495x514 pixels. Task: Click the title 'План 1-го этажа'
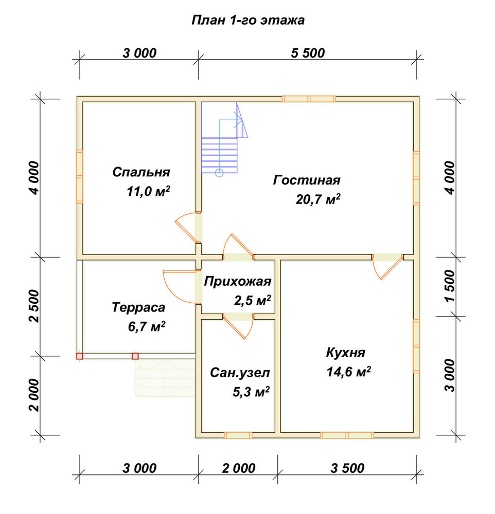pyautogui.click(x=248, y=21)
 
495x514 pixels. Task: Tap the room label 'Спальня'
pyautogui.click(x=141, y=172)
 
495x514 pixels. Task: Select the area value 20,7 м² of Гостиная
pyautogui.click(x=318, y=199)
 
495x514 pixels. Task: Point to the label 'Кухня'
pyautogui.click(x=345, y=353)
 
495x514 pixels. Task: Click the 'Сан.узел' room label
pyautogui.click(x=240, y=373)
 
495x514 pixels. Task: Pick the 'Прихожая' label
pyautogui.click(x=238, y=282)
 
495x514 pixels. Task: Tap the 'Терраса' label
pyautogui.click(x=138, y=307)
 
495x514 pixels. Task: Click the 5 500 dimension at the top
pyautogui.click(x=308, y=53)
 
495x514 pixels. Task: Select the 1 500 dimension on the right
pyautogui.click(x=450, y=286)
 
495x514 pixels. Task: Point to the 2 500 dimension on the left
pyautogui.click(x=34, y=306)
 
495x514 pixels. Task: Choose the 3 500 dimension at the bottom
pyautogui.click(x=347, y=468)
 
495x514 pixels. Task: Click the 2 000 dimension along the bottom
pyautogui.click(x=239, y=468)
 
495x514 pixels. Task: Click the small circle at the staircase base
pyautogui.click(x=219, y=173)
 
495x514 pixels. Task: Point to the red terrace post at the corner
pyautogui.click(x=80, y=356)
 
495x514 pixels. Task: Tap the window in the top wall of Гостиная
pyautogui.click(x=309, y=99)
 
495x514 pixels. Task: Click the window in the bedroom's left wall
pyautogui.click(x=79, y=177)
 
